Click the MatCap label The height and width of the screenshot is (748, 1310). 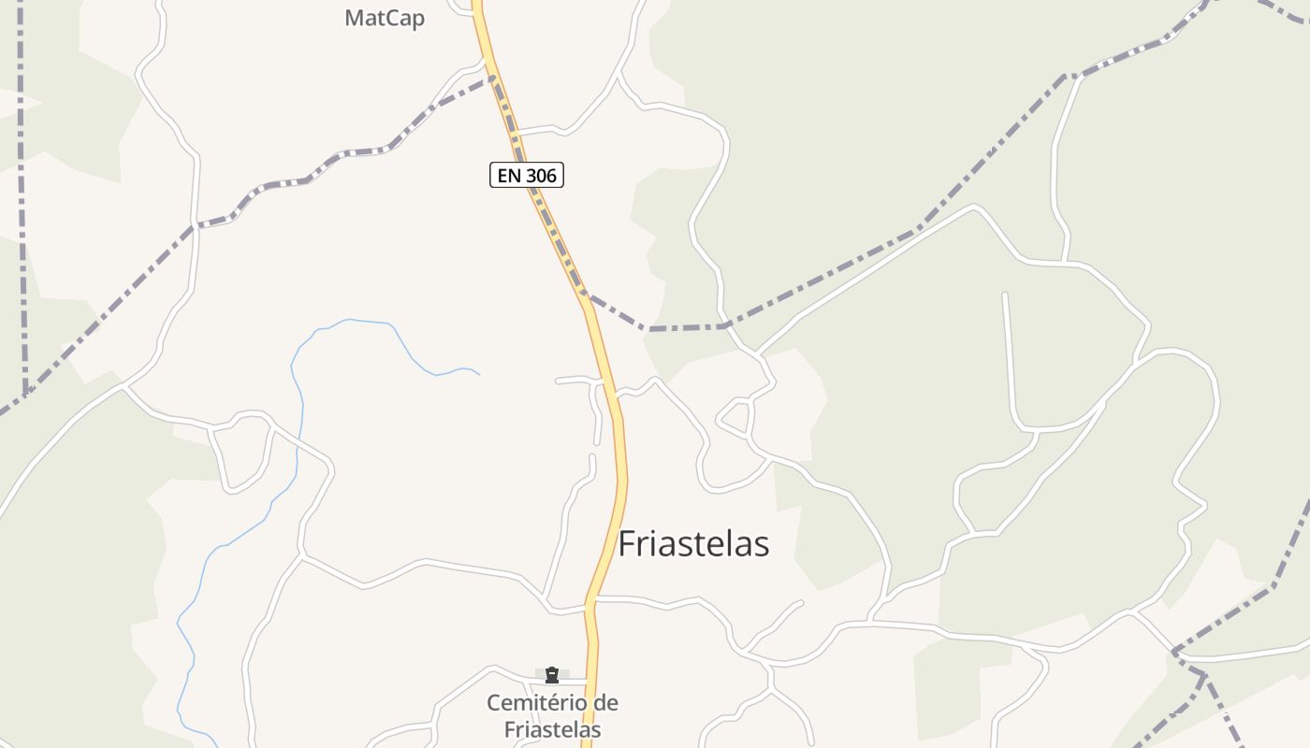(385, 18)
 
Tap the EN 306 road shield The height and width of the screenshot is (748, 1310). (527, 175)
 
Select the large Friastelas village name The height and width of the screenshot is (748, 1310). (693, 543)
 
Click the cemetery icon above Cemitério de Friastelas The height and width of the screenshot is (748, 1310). (552, 674)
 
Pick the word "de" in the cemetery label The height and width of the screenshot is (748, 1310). (607, 703)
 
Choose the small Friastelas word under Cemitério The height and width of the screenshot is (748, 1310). (552, 729)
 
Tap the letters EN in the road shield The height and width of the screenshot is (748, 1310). (507, 175)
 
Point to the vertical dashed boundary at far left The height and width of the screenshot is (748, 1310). (22, 187)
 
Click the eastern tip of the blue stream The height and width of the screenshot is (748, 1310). (479, 374)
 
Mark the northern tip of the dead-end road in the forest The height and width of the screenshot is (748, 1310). (1005, 295)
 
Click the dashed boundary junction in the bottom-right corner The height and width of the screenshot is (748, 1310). (1203, 673)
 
